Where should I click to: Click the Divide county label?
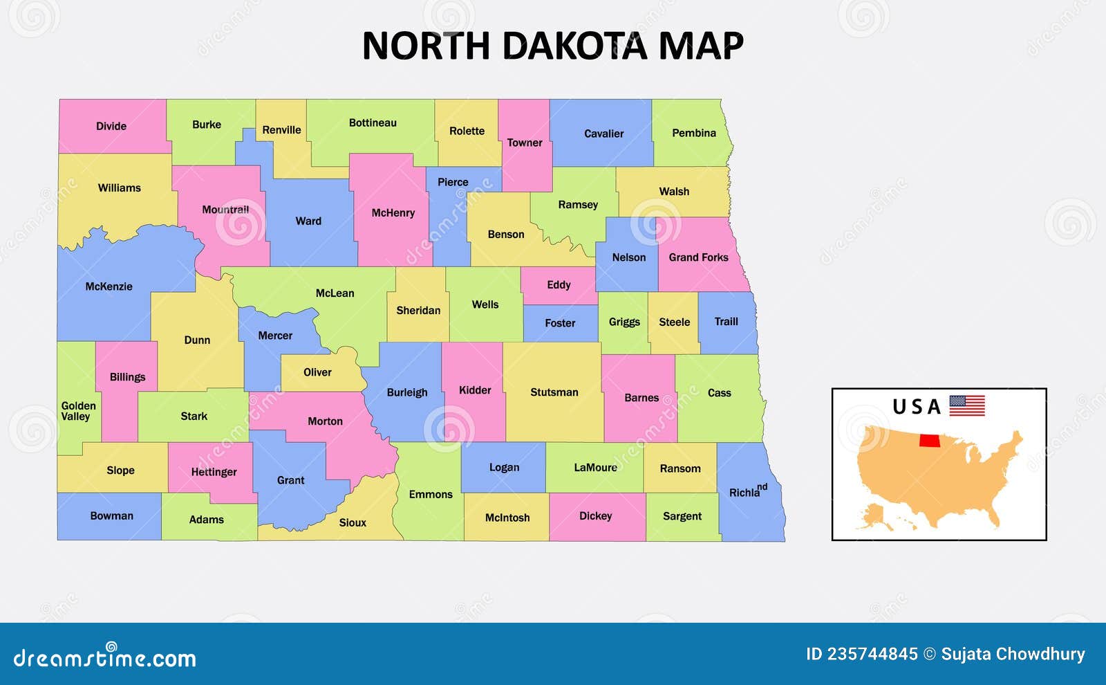point(111,126)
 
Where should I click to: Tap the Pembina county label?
point(693,133)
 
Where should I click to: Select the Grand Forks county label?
point(698,257)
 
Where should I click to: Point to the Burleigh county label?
point(406,392)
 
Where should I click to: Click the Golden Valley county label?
point(78,411)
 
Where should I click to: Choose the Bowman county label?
point(111,516)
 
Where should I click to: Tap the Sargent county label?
point(682,516)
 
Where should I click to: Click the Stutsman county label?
point(554,392)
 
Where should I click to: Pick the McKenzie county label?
point(109,286)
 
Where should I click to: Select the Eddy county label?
point(559,285)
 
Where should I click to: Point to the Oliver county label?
point(317,372)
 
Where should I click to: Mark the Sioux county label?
point(353,523)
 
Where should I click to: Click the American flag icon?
point(966,405)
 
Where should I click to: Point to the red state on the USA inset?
point(930,441)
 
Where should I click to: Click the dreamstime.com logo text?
point(104,657)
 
